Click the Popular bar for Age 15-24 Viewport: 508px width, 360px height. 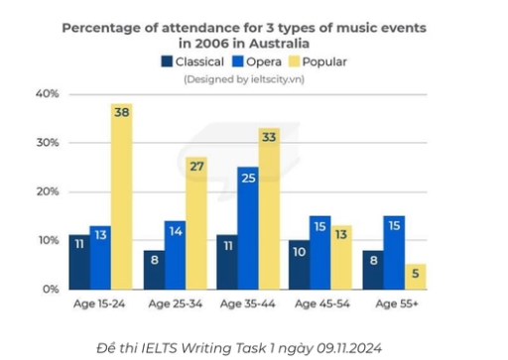pos(121,198)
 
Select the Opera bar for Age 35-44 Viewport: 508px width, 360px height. pos(247,228)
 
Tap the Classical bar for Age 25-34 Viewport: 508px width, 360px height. pos(153,269)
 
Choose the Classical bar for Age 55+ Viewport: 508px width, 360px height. pos(370,269)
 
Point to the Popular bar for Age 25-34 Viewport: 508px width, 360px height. pos(195,223)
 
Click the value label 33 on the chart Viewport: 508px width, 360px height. pos(269,139)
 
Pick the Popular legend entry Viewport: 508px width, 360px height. pos(317,61)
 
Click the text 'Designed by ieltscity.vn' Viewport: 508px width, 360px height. pos(244,78)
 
